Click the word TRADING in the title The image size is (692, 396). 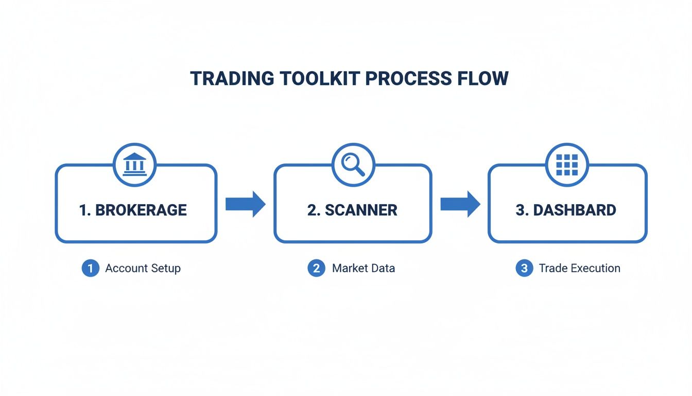[x=232, y=78]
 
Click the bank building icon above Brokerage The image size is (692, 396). [x=135, y=164]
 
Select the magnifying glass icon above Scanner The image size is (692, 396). [x=353, y=164]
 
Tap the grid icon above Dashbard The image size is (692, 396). [x=567, y=164]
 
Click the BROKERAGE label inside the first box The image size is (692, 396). [x=141, y=210]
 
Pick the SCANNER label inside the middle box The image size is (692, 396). [x=361, y=210]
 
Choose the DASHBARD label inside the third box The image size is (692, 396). [x=574, y=210]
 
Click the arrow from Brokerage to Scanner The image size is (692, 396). [x=245, y=204]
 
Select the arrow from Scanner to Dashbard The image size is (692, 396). [x=460, y=204]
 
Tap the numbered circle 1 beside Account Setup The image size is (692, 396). [x=90, y=268]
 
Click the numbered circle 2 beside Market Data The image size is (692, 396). [x=316, y=268]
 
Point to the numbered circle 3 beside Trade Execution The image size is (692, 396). [x=524, y=268]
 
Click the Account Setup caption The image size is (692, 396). [x=143, y=268]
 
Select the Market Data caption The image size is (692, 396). [x=363, y=268]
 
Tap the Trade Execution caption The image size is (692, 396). [x=579, y=268]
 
